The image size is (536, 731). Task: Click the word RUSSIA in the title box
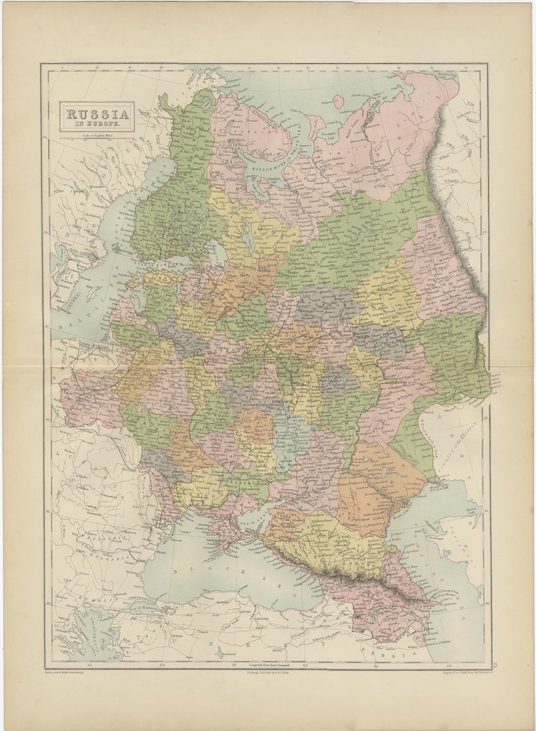tap(96, 113)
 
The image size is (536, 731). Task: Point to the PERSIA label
tap(391, 656)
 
